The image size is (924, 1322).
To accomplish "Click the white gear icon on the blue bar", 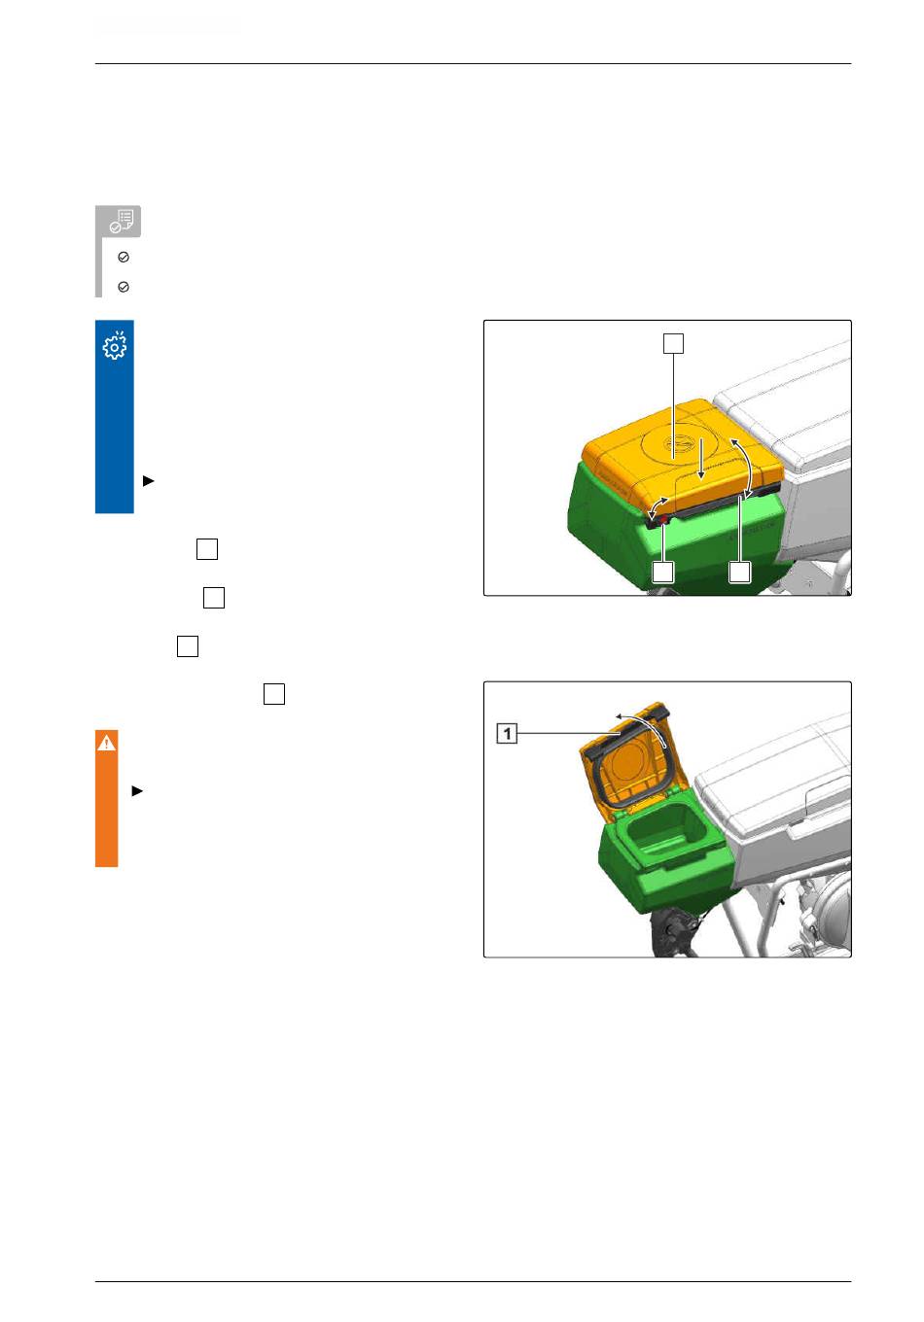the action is [115, 346].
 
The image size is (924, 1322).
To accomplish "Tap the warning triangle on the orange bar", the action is [106, 743].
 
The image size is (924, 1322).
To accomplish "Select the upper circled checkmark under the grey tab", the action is [124, 257].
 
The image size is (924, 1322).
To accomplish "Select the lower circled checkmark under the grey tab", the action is [124, 287].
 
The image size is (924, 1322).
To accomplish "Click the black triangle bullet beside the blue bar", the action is [149, 481].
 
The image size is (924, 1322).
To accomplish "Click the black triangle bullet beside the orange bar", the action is [137, 791].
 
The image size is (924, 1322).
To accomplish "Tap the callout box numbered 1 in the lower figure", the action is [507, 734].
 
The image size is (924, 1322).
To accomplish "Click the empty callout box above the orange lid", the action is [674, 343].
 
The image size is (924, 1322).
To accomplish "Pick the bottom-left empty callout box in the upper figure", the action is [662, 572].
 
